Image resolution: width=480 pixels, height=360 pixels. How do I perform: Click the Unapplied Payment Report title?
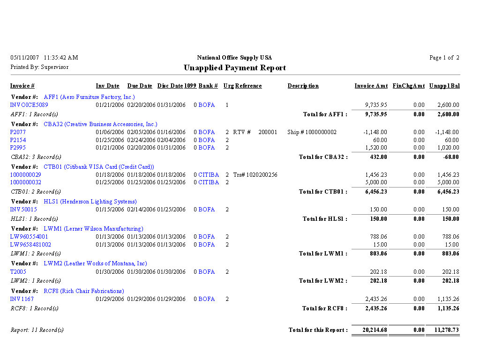pos(234,68)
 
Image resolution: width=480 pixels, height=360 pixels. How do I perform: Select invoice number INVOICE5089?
pos(29,105)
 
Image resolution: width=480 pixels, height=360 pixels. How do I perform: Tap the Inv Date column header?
pos(107,86)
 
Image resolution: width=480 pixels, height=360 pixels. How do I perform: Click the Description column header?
pos(303,86)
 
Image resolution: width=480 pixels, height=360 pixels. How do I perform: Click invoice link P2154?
pos(18,140)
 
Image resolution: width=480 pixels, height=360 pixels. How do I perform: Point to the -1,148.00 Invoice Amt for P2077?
pos(375,132)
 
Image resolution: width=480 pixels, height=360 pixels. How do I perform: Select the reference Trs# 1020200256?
pos(255,175)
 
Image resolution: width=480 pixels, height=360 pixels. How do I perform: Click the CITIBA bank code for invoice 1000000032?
pos(209,182)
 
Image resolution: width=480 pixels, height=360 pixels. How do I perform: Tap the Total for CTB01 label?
pos(323,192)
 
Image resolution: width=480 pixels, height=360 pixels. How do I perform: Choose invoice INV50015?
pos(23,210)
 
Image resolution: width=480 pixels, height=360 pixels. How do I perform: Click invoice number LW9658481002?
pos(30,244)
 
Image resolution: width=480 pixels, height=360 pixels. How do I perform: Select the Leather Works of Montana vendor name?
pos(95,263)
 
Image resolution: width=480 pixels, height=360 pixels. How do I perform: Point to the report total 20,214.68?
pos(375,330)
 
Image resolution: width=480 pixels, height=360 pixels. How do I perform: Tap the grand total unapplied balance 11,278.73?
pos(446,330)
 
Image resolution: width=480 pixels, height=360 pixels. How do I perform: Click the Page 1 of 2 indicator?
pos(444,58)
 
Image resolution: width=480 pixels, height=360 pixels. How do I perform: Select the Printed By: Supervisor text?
pos(39,67)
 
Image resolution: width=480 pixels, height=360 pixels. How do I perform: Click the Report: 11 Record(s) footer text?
pos(37,330)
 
